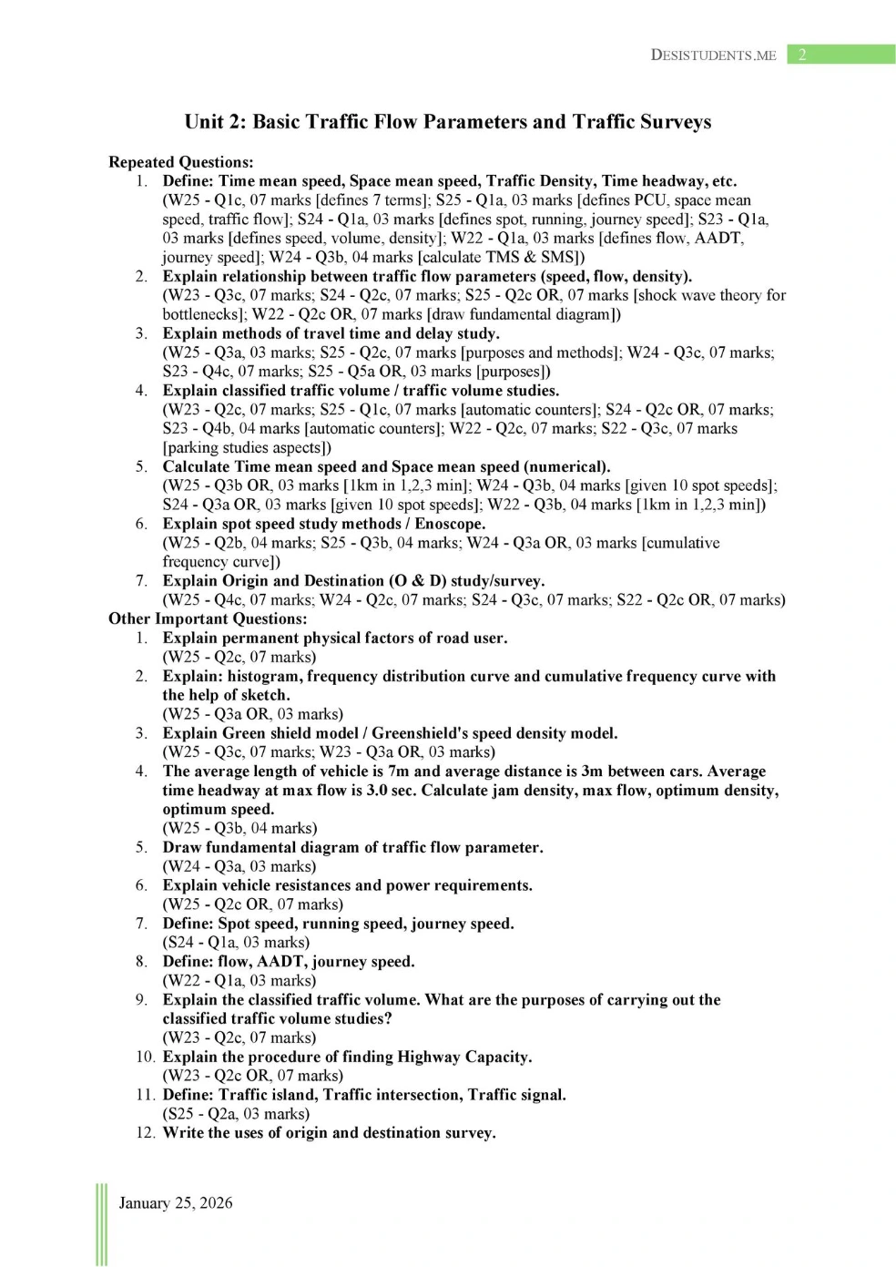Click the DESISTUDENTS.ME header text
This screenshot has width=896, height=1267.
[713, 55]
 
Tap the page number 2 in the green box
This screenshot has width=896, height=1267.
[802, 55]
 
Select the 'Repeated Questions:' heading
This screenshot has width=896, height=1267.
[180, 162]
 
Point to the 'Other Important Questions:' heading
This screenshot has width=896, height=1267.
[207, 618]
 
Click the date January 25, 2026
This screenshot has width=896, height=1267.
[176, 1202]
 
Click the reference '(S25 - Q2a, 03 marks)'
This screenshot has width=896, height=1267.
[236, 1113]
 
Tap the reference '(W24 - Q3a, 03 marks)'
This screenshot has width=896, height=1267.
[239, 866]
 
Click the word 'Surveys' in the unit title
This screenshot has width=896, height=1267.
[675, 122]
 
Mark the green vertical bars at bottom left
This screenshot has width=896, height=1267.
[101, 1224]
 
